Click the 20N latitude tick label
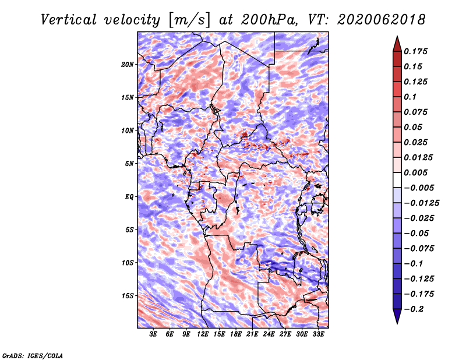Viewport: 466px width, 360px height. (x=128, y=65)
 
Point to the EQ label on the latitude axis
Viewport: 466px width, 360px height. (x=129, y=197)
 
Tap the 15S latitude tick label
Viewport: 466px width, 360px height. (x=128, y=296)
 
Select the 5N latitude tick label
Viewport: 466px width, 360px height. (x=129, y=164)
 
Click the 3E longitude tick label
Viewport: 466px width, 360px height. (x=153, y=334)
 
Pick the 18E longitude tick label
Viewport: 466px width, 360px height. (x=236, y=334)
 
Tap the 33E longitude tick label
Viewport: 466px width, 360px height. (x=318, y=334)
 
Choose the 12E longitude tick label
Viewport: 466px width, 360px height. (x=203, y=334)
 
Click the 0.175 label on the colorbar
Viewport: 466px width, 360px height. (x=415, y=51)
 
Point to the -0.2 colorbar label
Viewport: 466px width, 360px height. (x=414, y=309)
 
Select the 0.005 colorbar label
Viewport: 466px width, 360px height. (x=415, y=172)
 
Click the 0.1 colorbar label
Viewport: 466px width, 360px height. (x=410, y=97)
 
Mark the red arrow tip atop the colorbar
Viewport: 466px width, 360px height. (x=397, y=37)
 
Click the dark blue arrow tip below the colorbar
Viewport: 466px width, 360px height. (x=397, y=323)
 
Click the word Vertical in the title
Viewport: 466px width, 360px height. (x=69, y=20)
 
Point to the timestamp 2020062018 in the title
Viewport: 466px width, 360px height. (x=382, y=20)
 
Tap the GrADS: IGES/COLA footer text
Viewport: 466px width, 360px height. (x=33, y=355)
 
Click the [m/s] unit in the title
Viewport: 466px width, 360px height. (x=189, y=20)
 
